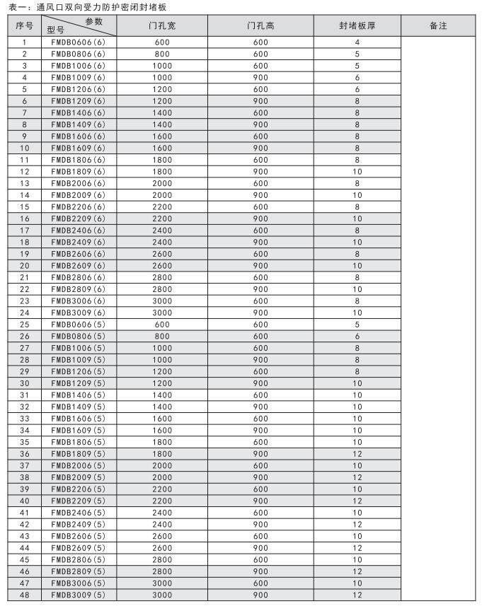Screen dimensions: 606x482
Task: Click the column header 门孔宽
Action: pyautogui.click(x=162, y=25)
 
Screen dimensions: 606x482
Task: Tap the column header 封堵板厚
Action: pyautogui.click(x=357, y=25)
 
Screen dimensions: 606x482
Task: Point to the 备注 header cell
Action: pyautogui.click(x=438, y=25)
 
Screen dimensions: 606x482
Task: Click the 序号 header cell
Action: pyautogui.click(x=25, y=25)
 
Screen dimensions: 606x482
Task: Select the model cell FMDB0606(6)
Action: pyautogui.click(x=79, y=42)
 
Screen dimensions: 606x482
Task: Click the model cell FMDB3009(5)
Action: pyautogui.click(x=79, y=595)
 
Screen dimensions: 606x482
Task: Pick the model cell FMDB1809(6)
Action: pyautogui.click(x=79, y=172)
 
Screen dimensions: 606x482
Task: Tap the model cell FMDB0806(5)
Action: pyautogui.click(x=79, y=337)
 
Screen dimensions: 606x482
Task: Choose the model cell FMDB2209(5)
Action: pyautogui.click(x=79, y=501)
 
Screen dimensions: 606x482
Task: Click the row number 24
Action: pyautogui.click(x=25, y=313)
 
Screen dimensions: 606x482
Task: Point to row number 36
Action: pyautogui.click(x=25, y=454)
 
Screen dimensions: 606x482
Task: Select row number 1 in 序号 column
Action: pyautogui.click(x=25, y=42)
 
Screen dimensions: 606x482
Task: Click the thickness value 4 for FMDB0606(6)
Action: pyautogui.click(x=357, y=42)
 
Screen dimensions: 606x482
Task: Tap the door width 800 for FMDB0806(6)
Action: pyautogui.click(x=162, y=54)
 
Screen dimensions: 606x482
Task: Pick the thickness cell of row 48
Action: pyautogui.click(x=357, y=595)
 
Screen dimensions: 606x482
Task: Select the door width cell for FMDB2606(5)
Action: pyautogui.click(x=162, y=536)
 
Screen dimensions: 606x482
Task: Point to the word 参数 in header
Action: pyautogui.click(x=94, y=21)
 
